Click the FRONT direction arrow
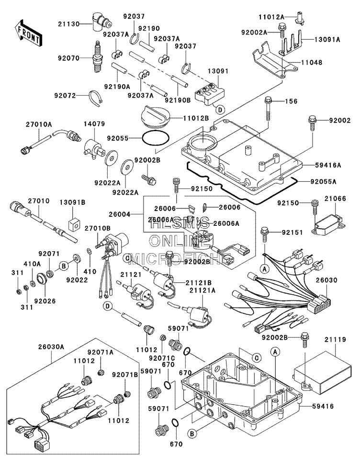(x=27, y=33)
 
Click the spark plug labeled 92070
(x=97, y=57)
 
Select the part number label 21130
(x=69, y=24)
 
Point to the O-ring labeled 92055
(x=156, y=138)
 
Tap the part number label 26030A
(x=51, y=346)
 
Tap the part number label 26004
(x=120, y=214)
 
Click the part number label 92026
(x=45, y=301)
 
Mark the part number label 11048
(x=312, y=62)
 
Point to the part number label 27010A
(x=40, y=123)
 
